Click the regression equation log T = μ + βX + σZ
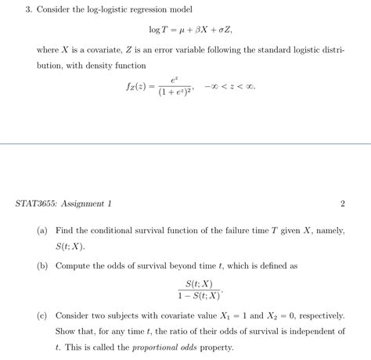(x=185, y=30)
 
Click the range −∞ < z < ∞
(x=230, y=86)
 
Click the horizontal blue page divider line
(x=185, y=143)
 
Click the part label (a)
(x=42, y=232)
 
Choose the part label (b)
(x=42, y=266)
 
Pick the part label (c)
(x=42, y=316)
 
